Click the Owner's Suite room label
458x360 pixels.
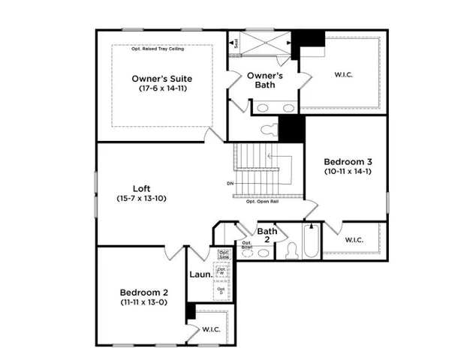point(161,78)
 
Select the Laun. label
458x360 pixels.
point(199,274)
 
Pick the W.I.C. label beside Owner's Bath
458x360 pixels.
point(345,73)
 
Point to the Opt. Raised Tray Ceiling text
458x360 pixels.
point(162,49)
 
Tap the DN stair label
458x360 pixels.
point(229,183)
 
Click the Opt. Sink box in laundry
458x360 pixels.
point(223,253)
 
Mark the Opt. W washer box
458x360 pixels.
point(221,271)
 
